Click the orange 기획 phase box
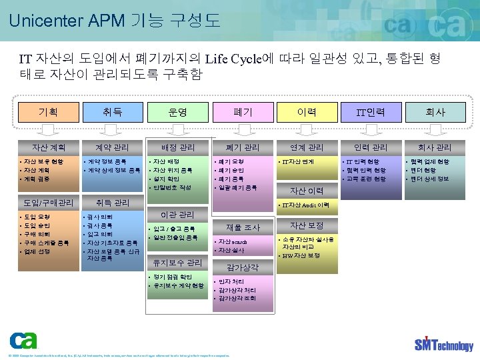coord(49,112)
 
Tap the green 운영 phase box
coord(178,112)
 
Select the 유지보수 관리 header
coord(178,263)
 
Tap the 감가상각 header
coord(241,267)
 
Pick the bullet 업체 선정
coord(39,251)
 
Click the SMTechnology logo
coord(443,343)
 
